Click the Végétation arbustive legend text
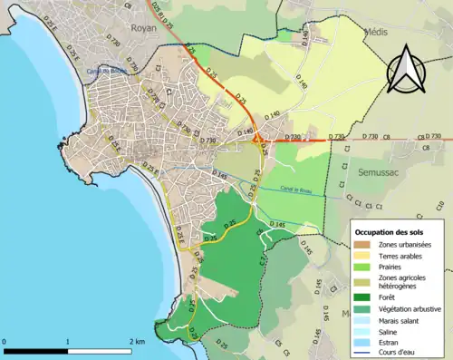click(409, 307)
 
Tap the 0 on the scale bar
click(5, 342)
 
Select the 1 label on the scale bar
click(68, 342)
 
